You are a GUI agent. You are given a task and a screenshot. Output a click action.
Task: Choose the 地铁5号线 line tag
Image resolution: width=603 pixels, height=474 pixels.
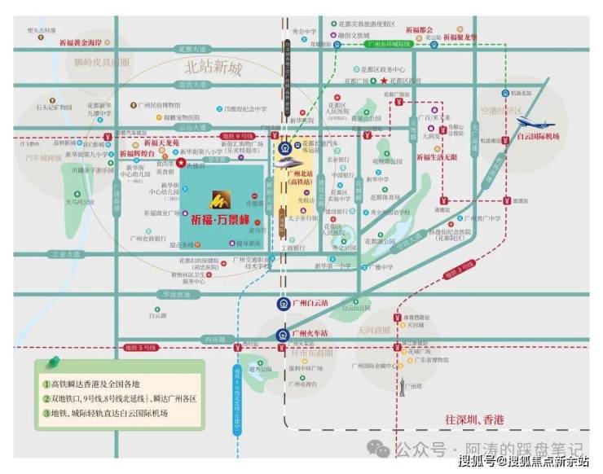[x=139, y=348]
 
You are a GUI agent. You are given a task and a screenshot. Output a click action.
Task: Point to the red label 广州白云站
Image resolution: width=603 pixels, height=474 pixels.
[x=313, y=304]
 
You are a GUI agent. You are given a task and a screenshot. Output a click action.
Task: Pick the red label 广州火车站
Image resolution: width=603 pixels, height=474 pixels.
[x=312, y=333]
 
